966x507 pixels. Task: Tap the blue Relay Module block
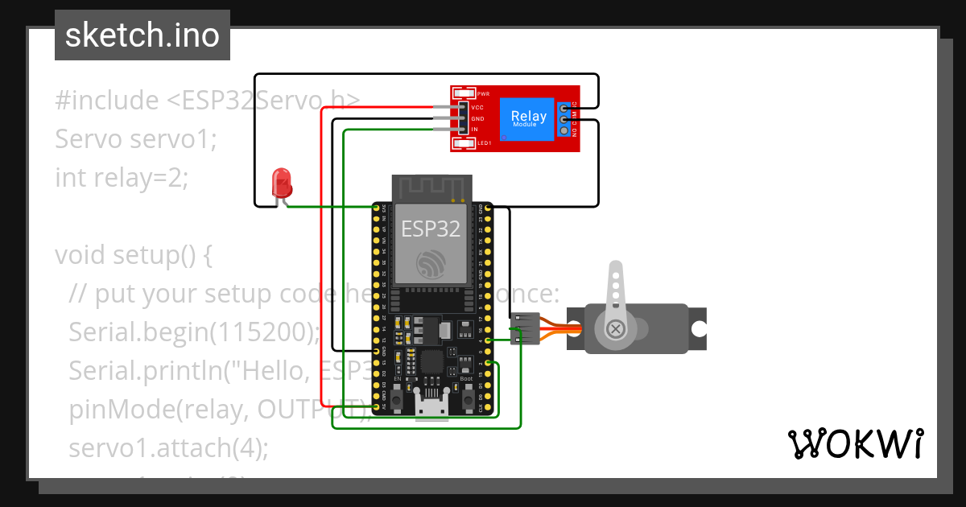[x=528, y=118]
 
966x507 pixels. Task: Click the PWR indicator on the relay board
[x=464, y=93]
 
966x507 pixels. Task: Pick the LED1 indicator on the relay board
[x=464, y=143]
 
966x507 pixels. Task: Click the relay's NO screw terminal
[x=564, y=131]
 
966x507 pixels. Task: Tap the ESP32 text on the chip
[x=431, y=229]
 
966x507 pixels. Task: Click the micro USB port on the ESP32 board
[x=431, y=406]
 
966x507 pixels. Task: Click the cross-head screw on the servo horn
[x=616, y=328]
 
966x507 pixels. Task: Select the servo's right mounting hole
[x=699, y=328]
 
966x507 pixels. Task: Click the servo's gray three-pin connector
[x=525, y=328]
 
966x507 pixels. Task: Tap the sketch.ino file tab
[x=142, y=35]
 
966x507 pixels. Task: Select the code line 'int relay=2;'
[x=121, y=177]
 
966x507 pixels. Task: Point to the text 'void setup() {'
[x=133, y=255]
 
